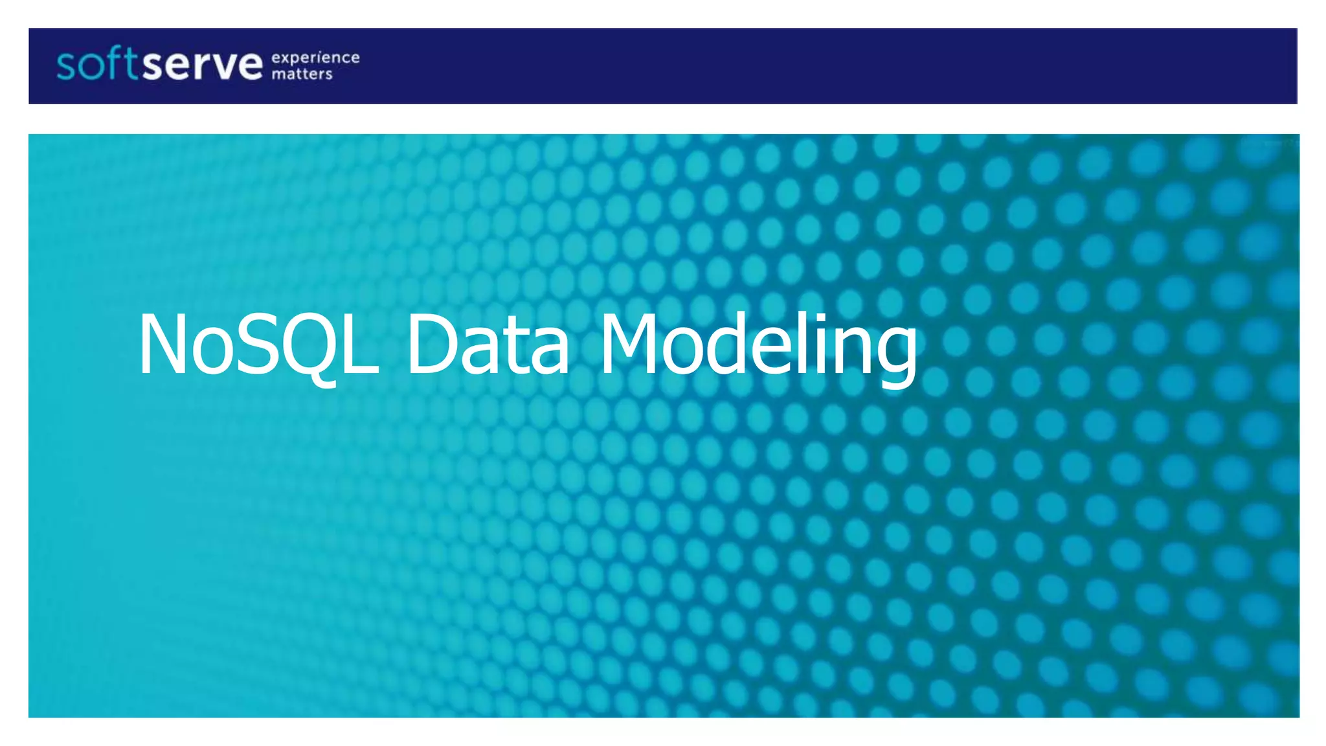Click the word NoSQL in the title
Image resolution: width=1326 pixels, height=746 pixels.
click(258, 344)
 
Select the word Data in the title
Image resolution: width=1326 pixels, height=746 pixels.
click(488, 344)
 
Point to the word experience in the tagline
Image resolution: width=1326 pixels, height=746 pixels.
click(315, 58)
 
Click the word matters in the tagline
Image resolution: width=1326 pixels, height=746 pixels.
click(302, 74)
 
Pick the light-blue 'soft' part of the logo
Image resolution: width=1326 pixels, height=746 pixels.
click(97, 64)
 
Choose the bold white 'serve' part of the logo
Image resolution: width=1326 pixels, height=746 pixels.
click(203, 65)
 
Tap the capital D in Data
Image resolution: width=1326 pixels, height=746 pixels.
click(431, 344)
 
